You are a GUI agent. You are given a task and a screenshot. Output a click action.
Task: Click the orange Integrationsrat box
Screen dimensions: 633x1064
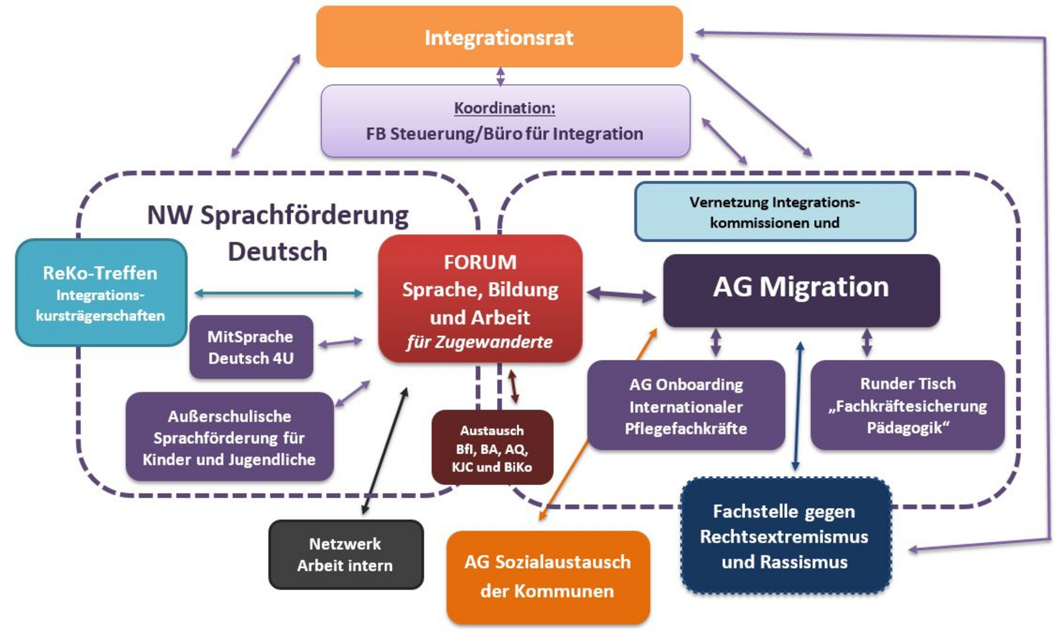tap(499, 37)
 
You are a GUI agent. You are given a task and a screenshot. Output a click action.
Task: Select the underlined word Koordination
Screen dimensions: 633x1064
tap(504, 108)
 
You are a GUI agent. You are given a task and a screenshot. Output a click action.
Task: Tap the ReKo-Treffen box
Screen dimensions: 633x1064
tap(100, 293)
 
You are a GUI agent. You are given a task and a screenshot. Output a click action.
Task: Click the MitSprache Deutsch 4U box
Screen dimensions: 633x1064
tap(251, 347)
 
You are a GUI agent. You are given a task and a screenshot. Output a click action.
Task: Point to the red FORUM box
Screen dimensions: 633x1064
tap(480, 298)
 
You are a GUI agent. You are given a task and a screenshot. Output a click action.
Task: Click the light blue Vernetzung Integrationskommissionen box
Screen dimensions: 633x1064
tap(774, 212)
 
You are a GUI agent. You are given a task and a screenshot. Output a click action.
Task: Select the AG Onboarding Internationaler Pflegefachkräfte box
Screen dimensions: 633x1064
tap(686, 406)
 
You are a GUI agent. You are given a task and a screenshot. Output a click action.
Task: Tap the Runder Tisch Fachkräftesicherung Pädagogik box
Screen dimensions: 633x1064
tap(907, 405)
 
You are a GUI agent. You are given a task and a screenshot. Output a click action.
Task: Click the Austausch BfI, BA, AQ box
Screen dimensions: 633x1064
tap(492, 448)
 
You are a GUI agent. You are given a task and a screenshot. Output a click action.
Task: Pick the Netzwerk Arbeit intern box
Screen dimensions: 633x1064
tap(345, 554)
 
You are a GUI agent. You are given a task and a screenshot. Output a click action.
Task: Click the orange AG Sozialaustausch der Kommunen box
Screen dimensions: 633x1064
tap(547, 577)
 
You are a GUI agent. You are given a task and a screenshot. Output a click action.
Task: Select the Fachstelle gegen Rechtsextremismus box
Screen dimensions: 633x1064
tap(785, 536)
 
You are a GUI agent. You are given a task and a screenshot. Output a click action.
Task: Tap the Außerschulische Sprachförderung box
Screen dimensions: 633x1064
tap(229, 437)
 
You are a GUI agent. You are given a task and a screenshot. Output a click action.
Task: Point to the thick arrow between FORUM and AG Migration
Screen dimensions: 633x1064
tap(621, 295)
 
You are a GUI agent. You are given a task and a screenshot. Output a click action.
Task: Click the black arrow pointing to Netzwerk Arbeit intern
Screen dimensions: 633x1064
tap(385, 451)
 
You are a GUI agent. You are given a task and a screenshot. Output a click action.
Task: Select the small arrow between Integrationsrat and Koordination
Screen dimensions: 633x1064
tap(500, 76)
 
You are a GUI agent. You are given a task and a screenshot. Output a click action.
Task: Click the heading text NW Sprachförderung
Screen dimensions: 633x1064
tap(278, 215)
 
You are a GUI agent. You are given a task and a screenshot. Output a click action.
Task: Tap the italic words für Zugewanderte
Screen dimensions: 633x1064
tap(479, 342)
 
